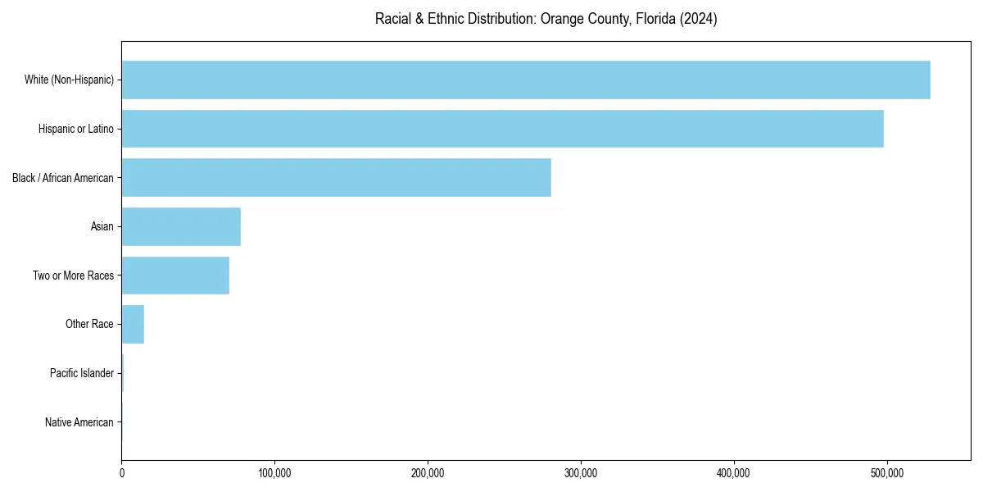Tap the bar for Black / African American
click(336, 177)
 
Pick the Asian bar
click(181, 226)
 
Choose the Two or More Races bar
click(175, 276)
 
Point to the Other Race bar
click(133, 324)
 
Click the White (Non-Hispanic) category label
click(69, 80)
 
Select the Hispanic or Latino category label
click(76, 129)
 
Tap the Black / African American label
click(63, 178)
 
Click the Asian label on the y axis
click(102, 226)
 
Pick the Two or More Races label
click(74, 276)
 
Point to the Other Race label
click(89, 325)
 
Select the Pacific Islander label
click(82, 373)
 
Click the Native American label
click(79, 422)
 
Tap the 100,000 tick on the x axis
click(274, 473)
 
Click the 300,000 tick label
click(581, 473)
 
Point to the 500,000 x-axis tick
click(886, 473)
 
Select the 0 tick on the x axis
click(122, 473)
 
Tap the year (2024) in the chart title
click(699, 19)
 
